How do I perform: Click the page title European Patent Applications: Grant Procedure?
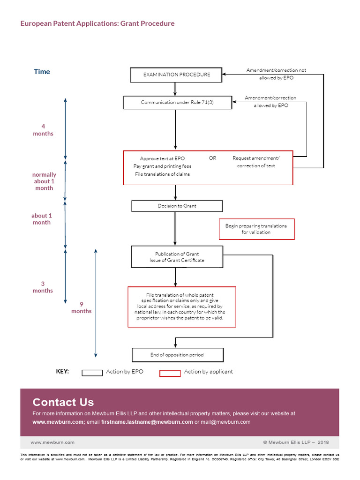(x=97, y=23)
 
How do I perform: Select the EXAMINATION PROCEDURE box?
(x=176, y=75)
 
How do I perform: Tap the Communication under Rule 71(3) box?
(x=177, y=103)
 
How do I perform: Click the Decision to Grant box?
(x=177, y=206)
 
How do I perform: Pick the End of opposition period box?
(x=177, y=355)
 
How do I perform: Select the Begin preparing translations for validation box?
(x=256, y=229)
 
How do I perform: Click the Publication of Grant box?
(x=177, y=257)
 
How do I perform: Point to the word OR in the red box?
(x=212, y=158)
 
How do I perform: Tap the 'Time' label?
(x=42, y=72)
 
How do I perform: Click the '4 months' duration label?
(x=43, y=130)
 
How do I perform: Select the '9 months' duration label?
(x=82, y=307)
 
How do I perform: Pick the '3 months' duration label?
(x=43, y=287)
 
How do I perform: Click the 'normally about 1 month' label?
(x=44, y=181)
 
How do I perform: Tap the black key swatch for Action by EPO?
(x=92, y=373)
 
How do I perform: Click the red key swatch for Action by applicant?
(x=170, y=373)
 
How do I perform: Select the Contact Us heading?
(x=63, y=402)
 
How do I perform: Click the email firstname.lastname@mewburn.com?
(x=147, y=422)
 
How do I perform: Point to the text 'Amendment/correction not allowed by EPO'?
(x=276, y=74)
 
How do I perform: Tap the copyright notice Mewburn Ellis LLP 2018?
(x=296, y=442)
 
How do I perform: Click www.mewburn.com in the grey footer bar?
(x=52, y=442)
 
